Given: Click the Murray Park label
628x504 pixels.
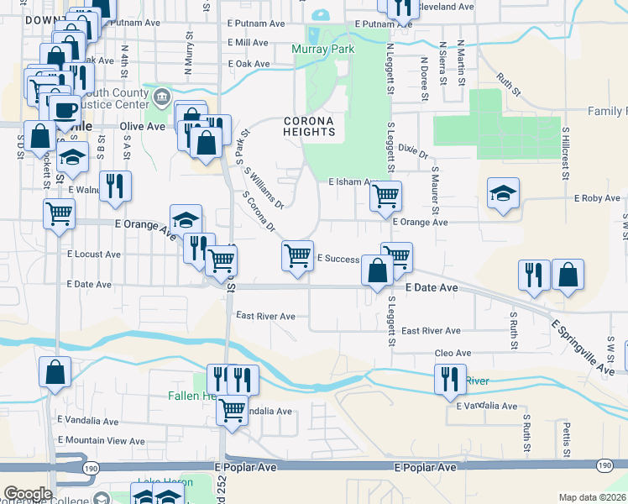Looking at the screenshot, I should (x=323, y=50).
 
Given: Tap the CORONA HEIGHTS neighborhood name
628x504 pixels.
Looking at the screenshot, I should (x=309, y=126).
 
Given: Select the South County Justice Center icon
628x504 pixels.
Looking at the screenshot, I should (x=161, y=98).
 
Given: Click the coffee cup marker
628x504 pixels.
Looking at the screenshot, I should (x=64, y=110).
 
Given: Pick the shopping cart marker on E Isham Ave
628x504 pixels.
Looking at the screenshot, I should (x=385, y=196).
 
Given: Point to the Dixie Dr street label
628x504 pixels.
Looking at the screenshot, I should (x=413, y=152).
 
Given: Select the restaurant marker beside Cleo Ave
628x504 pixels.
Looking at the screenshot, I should (x=450, y=379).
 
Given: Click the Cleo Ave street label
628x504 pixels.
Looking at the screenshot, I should (x=453, y=354).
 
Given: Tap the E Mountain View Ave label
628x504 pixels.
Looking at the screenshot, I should (x=102, y=440).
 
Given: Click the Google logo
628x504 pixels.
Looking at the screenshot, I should (x=28, y=493).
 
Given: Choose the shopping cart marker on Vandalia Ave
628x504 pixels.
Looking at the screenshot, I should (x=232, y=411).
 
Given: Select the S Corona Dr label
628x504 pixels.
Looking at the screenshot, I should (x=259, y=211).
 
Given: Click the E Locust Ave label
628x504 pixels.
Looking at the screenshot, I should (x=94, y=253).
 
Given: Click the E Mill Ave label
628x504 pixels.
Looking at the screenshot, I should (x=248, y=42).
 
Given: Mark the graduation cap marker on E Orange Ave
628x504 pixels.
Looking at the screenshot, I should (x=186, y=220).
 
